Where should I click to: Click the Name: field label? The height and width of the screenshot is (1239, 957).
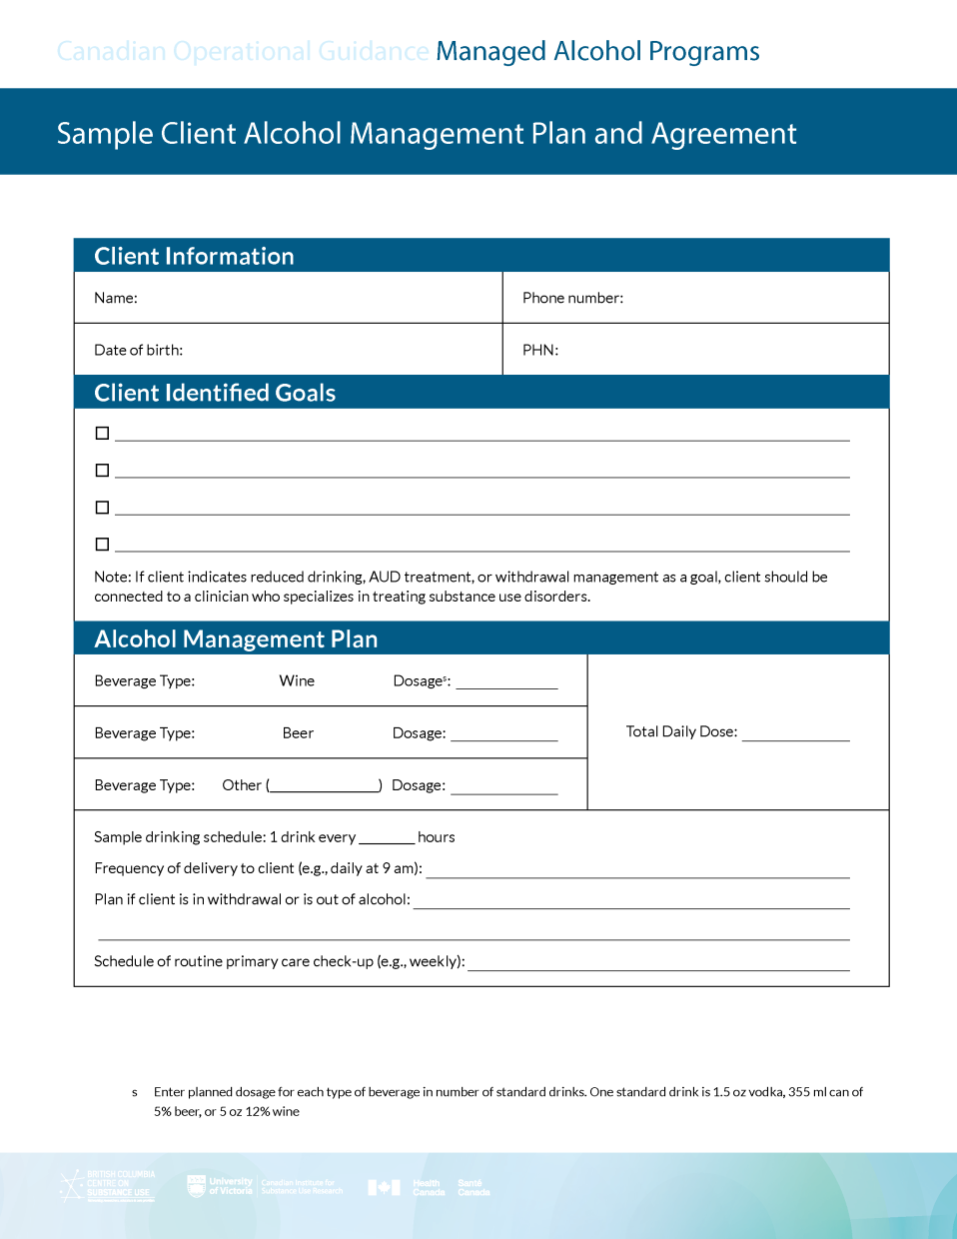[x=116, y=298]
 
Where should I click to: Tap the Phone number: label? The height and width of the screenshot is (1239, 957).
[x=572, y=298]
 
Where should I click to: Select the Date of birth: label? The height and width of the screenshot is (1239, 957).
[x=138, y=350]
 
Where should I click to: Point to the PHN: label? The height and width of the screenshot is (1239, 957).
[x=540, y=350]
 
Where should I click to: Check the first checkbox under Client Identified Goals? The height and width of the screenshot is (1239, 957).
[x=102, y=433]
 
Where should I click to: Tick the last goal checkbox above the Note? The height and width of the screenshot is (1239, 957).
[x=102, y=545]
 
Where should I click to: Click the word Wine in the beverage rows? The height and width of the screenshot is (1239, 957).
[x=297, y=680]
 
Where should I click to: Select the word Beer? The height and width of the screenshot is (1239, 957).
[x=298, y=732]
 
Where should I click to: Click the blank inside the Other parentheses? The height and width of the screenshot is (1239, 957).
[x=325, y=785]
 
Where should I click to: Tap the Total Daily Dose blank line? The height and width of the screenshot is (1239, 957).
[x=795, y=734]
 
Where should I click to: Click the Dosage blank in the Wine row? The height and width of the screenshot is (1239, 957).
[x=506, y=683]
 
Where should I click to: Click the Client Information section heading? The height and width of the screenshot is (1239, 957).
[x=194, y=256]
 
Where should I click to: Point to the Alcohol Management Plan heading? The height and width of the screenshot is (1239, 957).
[x=236, y=638]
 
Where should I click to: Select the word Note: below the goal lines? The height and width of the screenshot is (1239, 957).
[x=112, y=577]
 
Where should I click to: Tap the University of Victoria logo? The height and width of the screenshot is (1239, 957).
[x=221, y=1186]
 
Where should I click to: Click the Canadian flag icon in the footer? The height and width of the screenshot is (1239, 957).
[x=384, y=1187]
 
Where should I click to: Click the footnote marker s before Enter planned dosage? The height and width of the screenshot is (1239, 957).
[x=135, y=1092]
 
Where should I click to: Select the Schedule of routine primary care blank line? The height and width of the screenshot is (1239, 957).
[x=658, y=964]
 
